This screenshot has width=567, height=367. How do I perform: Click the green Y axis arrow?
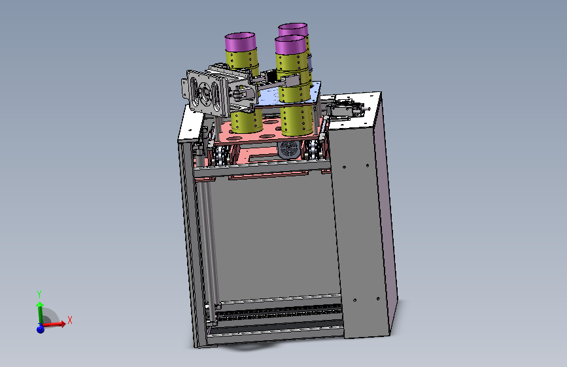pos(40,312)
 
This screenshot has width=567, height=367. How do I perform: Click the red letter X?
pos(70,320)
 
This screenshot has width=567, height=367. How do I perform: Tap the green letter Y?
pos(39,294)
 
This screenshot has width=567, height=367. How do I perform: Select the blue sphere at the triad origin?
pos(40,328)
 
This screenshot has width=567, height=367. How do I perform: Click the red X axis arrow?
pos(54,324)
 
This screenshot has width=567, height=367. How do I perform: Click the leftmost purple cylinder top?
pos(241,41)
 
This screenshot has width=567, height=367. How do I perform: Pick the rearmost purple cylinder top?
pos(293,29)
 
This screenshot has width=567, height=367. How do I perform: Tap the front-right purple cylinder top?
pos(291,44)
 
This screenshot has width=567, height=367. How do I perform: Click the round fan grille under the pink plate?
pos(288,149)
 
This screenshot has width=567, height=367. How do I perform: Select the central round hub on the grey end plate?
pos(204,91)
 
